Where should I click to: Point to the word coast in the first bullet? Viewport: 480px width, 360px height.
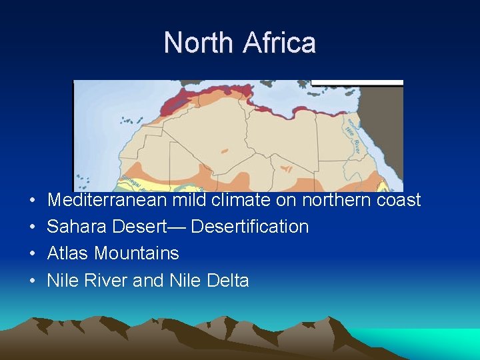point(397,200)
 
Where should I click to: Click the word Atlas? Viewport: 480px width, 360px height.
point(68,253)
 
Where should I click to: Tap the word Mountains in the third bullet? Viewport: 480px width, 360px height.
point(137,253)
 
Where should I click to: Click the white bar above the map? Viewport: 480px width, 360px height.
point(357,83)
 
